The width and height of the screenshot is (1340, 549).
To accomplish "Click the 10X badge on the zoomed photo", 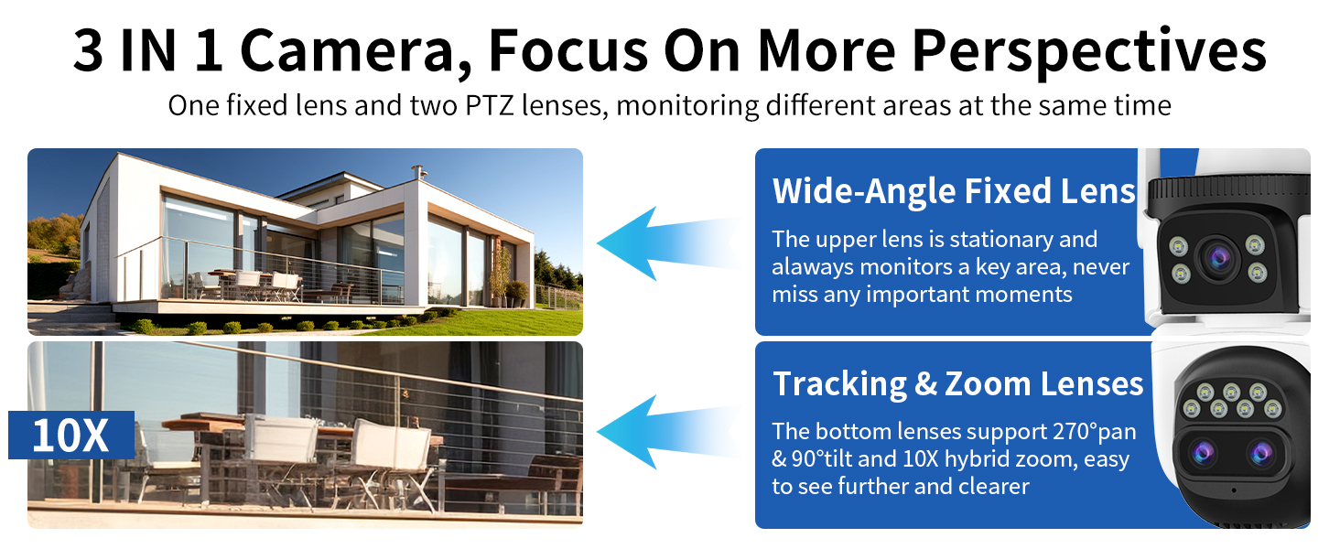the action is [x=71, y=435].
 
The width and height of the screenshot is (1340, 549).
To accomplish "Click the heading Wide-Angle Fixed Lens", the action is [x=954, y=191].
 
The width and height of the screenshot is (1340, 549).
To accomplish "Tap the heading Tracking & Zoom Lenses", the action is [x=957, y=384].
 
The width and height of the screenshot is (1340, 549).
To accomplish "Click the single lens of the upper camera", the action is [x=1218, y=259].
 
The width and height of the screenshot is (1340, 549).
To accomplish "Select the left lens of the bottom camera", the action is [x=1203, y=453].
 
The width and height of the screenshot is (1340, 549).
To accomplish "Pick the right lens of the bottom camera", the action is [x=1261, y=453].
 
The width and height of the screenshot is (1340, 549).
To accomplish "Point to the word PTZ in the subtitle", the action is [x=490, y=106].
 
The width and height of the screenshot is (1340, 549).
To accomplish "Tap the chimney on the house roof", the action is [x=419, y=172].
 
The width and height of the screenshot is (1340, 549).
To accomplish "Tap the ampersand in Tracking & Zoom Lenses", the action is [x=925, y=384].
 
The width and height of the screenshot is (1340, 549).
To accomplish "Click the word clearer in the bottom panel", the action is [x=994, y=487].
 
